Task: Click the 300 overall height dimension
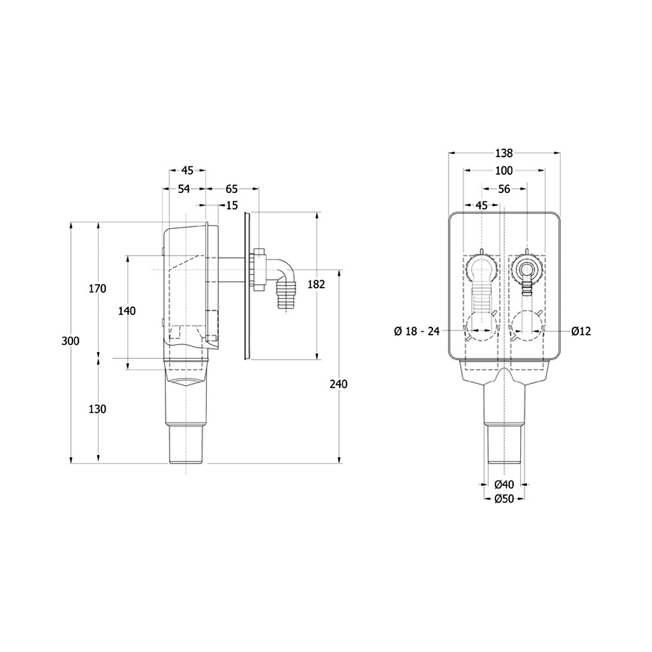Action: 70,342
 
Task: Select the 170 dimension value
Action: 98,288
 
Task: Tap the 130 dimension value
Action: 98,409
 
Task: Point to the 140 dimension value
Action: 127,310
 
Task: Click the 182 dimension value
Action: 316,284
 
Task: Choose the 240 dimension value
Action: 338,384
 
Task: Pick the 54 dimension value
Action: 184,189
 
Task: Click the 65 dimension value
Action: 231,189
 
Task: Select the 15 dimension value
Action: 232,205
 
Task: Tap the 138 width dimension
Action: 504,153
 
